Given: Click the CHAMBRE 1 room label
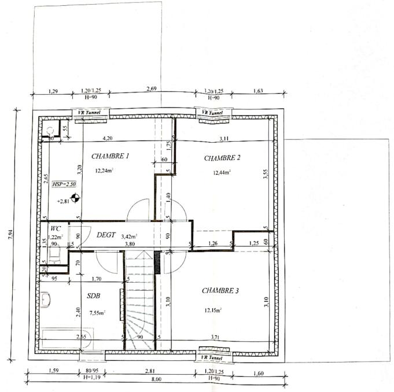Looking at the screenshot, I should [110, 156].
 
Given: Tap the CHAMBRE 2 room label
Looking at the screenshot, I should [222, 158].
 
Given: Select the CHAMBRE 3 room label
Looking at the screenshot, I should [220, 291].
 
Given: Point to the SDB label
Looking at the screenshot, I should [94, 295].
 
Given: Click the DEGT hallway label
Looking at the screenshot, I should [106, 235].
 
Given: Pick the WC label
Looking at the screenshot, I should [56, 228].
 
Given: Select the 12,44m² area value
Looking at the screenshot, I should [221, 172].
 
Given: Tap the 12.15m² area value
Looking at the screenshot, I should [213, 310].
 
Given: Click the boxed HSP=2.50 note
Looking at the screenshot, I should [64, 184].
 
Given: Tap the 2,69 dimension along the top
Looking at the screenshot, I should [152, 89].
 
